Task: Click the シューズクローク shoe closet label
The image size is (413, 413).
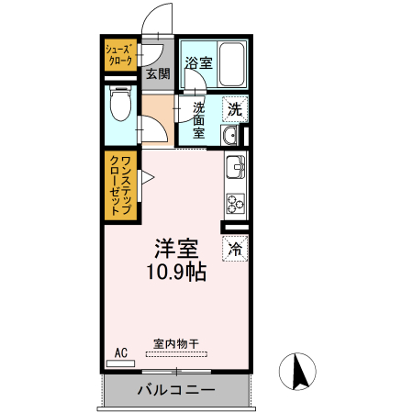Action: click(x=119, y=53)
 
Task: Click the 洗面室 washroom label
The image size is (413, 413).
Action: click(x=199, y=118)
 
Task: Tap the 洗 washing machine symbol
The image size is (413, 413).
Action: click(x=234, y=107)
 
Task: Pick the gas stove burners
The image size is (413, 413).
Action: click(x=235, y=204)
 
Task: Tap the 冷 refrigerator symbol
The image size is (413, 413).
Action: click(x=235, y=247)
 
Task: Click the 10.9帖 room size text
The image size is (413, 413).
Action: click(x=177, y=272)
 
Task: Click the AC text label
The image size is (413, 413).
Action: click(x=120, y=352)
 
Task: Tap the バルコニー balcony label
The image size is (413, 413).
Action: click(x=176, y=389)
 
